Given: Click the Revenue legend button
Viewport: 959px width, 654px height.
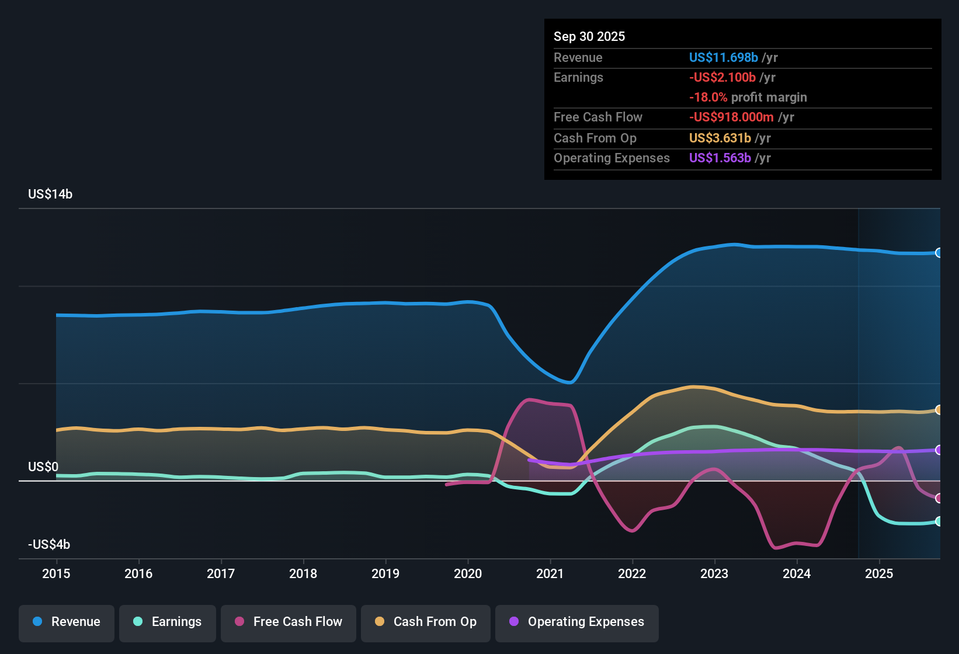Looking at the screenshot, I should [x=67, y=622].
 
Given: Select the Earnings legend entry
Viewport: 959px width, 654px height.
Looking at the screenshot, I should [x=168, y=622].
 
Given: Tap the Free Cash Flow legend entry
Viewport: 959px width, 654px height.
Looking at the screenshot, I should [x=289, y=622].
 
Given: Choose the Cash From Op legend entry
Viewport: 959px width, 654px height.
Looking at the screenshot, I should [x=426, y=622].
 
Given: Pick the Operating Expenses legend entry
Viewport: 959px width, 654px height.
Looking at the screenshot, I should [x=577, y=622].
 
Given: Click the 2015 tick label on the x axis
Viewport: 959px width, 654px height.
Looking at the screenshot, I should [x=56, y=574].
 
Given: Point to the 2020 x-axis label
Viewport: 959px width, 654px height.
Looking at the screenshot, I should [x=468, y=574].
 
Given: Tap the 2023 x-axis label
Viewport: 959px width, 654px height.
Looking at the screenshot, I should [x=714, y=574].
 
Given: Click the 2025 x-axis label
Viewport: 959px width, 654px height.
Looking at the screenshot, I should [x=879, y=574].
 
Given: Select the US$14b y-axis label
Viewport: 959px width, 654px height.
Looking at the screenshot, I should [x=50, y=194].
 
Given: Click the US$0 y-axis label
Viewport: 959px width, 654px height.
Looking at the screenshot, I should [x=43, y=467].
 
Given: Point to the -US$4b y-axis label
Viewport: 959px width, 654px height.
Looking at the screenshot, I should [x=49, y=545].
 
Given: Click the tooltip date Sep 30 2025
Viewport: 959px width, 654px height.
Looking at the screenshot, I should [x=589, y=37].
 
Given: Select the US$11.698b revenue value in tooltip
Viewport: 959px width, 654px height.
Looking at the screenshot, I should [x=723, y=58].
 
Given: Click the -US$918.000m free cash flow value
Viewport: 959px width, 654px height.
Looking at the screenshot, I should [x=731, y=117].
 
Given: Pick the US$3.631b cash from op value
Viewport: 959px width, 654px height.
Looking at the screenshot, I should [x=720, y=138].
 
